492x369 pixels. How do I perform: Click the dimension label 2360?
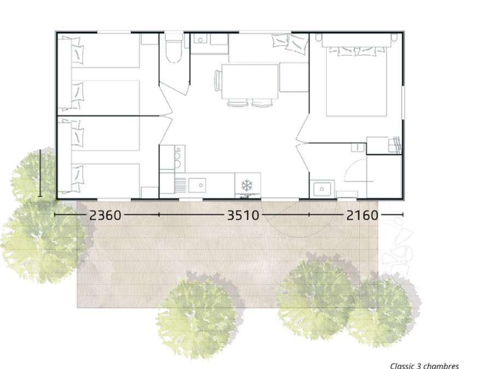[x=105, y=215]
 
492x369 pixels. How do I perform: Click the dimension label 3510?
[x=243, y=215]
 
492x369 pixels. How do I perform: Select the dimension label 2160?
[x=362, y=215]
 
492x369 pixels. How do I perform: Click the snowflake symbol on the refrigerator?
[x=247, y=185]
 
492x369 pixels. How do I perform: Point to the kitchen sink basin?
[x=197, y=185]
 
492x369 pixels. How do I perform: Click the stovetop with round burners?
[x=178, y=159]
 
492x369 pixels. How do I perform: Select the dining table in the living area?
[x=250, y=81]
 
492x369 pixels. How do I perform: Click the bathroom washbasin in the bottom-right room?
[x=322, y=189]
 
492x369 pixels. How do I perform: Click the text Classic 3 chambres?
[x=425, y=366]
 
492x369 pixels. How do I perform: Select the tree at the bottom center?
[x=196, y=319]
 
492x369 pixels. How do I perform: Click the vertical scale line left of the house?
[x=40, y=173]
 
